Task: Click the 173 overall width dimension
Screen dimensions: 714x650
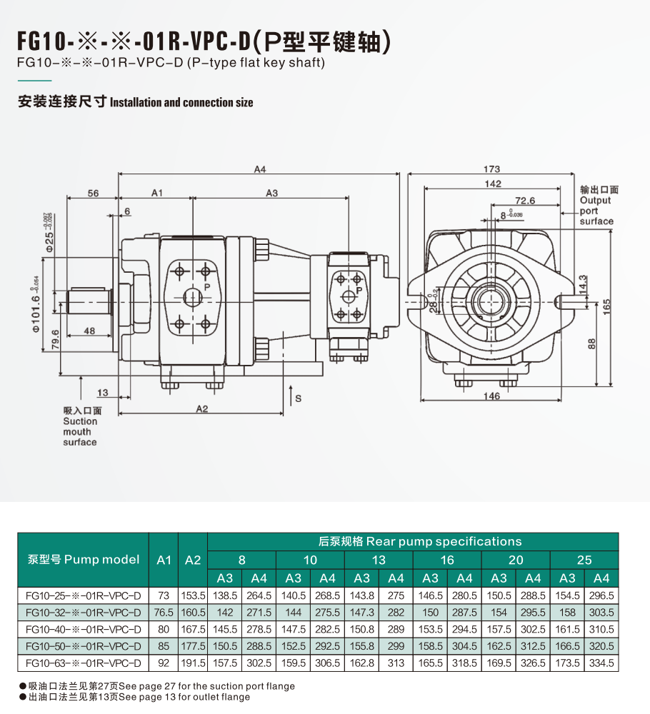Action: (491, 169)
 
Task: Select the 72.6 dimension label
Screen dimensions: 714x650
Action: (525, 201)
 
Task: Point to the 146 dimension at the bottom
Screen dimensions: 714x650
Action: (491, 396)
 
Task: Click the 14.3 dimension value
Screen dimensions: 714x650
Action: (584, 283)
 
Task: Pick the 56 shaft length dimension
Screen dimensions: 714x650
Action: (93, 193)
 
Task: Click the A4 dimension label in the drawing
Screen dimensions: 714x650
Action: (260, 169)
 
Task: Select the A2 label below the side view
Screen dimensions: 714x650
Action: (201, 409)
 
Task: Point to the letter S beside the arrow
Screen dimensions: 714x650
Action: (299, 398)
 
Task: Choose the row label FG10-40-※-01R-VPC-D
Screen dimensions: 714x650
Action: (83, 629)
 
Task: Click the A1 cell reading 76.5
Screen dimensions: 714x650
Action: (164, 612)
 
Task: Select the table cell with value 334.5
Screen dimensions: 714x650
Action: (601, 663)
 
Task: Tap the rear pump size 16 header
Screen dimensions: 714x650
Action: (447, 560)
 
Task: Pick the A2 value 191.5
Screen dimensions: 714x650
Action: (193, 663)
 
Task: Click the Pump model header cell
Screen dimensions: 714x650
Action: (83, 559)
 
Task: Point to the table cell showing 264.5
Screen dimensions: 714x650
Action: (259, 595)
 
